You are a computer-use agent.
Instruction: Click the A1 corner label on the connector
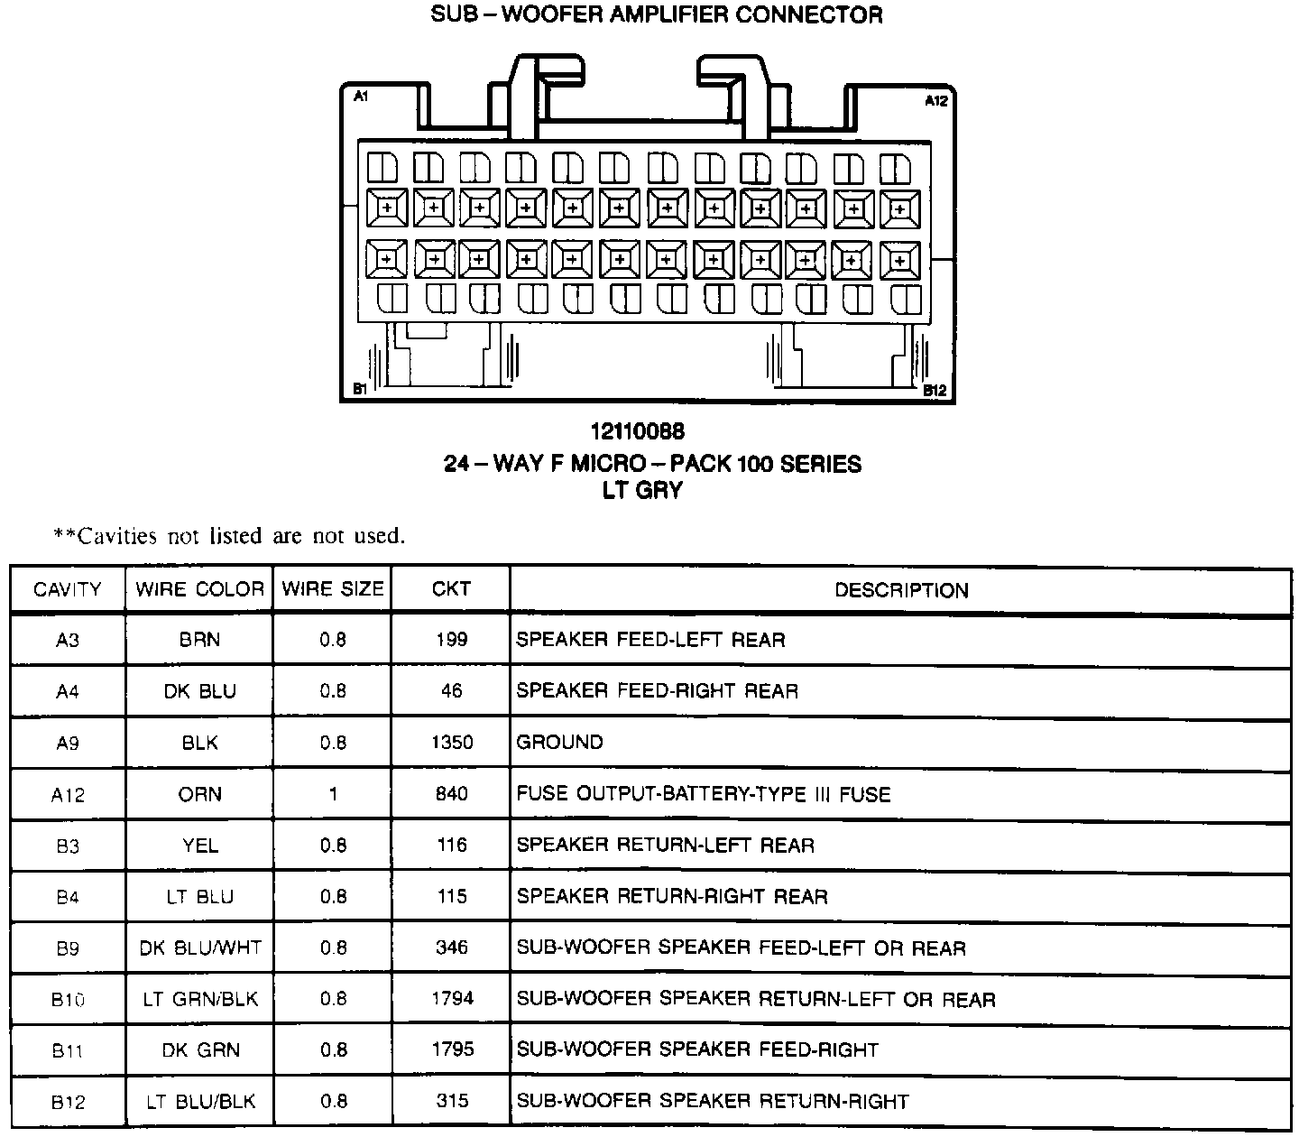(x=360, y=96)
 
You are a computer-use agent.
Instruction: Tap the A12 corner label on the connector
(x=936, y=101)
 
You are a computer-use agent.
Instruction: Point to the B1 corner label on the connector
(x=359, y=390)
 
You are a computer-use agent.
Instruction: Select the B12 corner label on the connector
(x=935, y=391)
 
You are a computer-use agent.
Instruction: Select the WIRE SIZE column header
(x=333, y=589)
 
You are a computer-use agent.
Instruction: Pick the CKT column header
(x=451, y=589)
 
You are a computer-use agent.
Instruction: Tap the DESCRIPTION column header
(x=901, y=590)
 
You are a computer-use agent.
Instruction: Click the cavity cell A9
(x=68, y=743)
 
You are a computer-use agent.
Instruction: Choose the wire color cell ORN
(x=199, y=794)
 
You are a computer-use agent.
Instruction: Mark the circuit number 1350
(x=451, y=743)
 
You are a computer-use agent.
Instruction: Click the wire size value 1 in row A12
(x=333, y=794)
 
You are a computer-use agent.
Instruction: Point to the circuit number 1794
(x=451, y=999)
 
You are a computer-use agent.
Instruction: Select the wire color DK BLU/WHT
(x=200, y=948)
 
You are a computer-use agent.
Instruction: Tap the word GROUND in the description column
(x=559, y=743)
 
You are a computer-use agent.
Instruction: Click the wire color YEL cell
(x=199, y=846)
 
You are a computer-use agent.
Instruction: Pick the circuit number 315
(x=451, y=1101)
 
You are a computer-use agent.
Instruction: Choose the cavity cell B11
(x=68, y=1050)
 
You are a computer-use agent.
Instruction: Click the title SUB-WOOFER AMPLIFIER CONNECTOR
(x=657, y=15)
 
